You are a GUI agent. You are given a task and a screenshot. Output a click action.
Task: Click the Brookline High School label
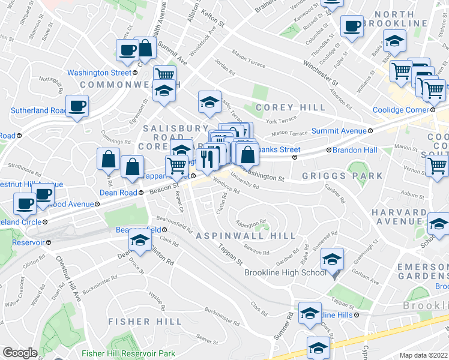point(285,272)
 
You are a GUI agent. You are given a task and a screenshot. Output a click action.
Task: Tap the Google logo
point(20,352)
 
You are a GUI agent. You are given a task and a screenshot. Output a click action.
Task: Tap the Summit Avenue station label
point(339,131)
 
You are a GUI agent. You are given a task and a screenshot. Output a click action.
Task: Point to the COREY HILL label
point(291,107)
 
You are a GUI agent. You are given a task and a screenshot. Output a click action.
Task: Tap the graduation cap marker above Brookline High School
point(331,259)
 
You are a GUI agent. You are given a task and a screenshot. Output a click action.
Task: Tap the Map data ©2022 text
point(423,355)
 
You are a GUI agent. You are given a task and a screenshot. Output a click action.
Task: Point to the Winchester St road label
point(321,70)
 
